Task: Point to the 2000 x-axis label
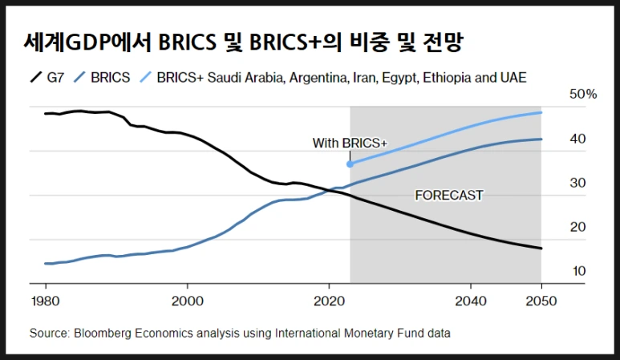coord(187,301)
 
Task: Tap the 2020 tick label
coord(329,301)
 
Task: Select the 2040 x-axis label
coord(471,301)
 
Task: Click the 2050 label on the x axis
coord(541,301)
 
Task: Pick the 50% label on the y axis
coord(583,95)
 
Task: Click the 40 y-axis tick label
coord(578,139)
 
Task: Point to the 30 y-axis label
coord(578,183)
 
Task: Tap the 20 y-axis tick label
coord(578,227)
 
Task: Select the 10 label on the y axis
coord(578,271)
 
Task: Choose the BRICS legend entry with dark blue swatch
coord(111,78)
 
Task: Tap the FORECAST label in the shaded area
coord(448,195)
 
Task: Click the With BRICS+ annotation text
coord(349,144)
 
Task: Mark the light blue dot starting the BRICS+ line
coord(350,164)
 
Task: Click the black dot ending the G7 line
coord(541,249)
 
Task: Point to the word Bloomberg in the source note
coord(102,332)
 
